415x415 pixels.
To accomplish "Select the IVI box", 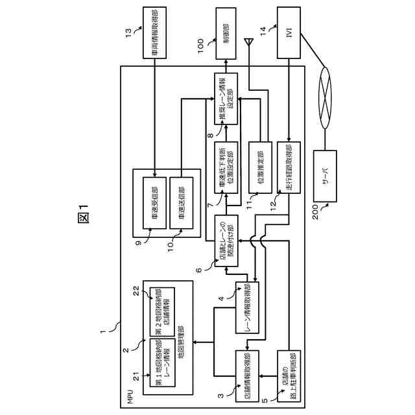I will pos(289,30).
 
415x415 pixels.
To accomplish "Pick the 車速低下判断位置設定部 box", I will pos(225,167).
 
